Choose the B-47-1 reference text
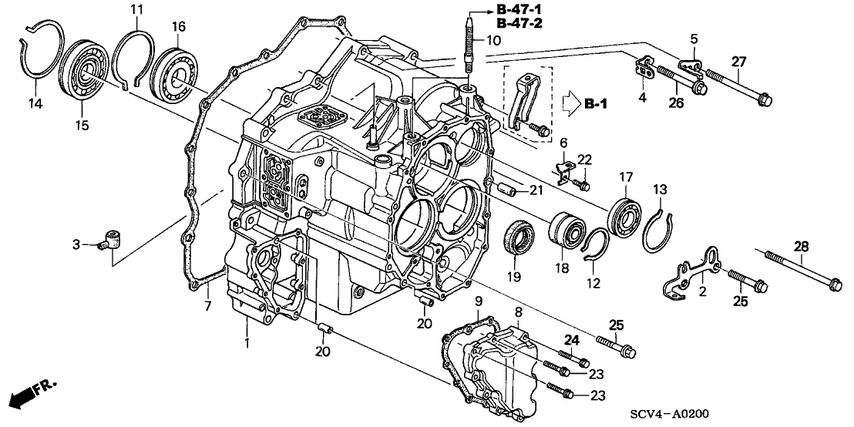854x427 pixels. pos(519,10)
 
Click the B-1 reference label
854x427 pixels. pos(595,103)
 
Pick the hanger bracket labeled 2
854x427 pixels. pos(693,271)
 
